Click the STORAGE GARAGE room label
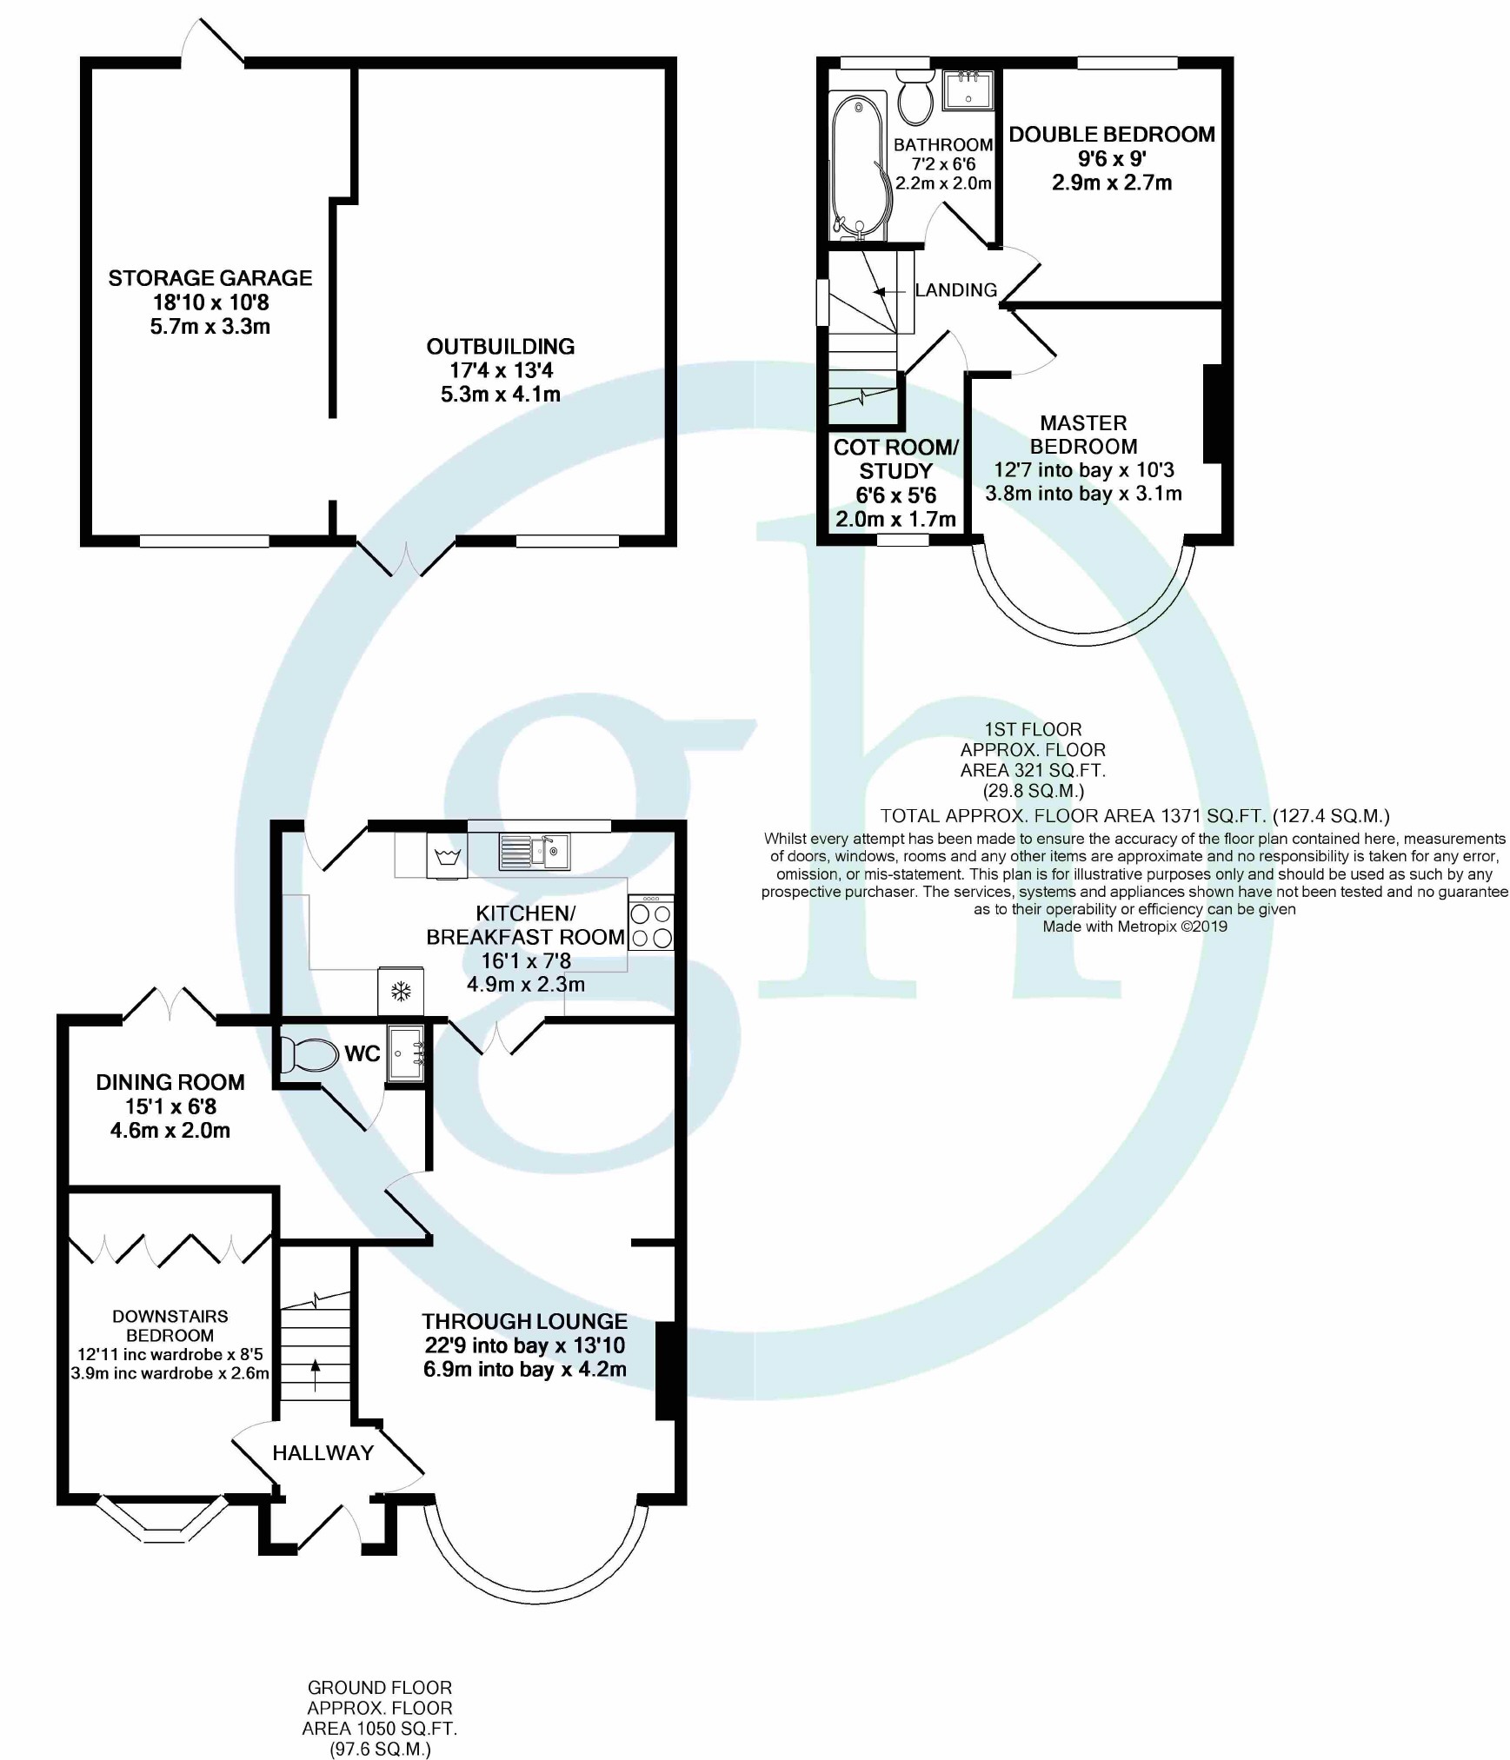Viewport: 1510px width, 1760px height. pyautogui.click(x=210, y=278)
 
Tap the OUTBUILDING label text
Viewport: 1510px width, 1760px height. pyautogui.click(x=500, y=347)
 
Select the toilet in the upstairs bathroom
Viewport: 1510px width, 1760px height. pyautogui.click(x=915, y=98)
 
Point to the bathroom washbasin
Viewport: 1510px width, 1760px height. pyautogui.click(x=968, y=90)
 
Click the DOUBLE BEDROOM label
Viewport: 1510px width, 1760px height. pyautogui.click(x=1112, y=135)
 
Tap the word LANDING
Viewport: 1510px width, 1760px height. pyautogui.click(x=955, y=290)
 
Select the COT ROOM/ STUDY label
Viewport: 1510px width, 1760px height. pyautogui.click(x=895, y=459)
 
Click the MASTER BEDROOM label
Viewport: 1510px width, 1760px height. pyautogui.click(x=1083, y=435)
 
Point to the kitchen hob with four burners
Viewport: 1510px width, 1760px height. pyautogui.click(x=650, y=926)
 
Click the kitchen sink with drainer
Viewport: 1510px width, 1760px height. pyautogui.click(x=534, y=852)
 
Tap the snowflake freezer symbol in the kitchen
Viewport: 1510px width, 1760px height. pyautogui.click(x=401, y=991)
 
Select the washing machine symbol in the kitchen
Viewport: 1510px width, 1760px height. pyautogui.click(x=447, y=857)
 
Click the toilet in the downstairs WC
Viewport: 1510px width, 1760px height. pyautogui.click(x=309, y=1055)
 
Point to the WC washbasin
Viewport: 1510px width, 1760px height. pyautogui.click(x=406, y=1053)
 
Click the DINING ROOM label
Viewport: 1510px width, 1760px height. pyautogui.click(x=170, y=1082)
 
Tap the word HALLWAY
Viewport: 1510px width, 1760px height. pyautogui.click(x=323, y=1452)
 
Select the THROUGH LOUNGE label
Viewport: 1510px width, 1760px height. pyautogui.click(x=524, y=1321)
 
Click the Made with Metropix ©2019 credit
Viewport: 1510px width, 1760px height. pyautogui.click(x=1134, y=926)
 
